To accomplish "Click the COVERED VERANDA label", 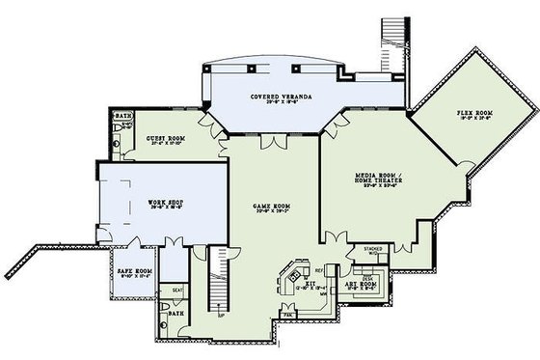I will tap(277, 97).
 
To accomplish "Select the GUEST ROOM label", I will tap(166, 139).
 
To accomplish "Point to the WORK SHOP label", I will tap(165, 203).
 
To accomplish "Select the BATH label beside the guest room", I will tap(122, 118).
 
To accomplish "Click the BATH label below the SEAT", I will tap(175, 314).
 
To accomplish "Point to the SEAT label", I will tap(177, 290).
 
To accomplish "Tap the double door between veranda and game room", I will tap(276, 143).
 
